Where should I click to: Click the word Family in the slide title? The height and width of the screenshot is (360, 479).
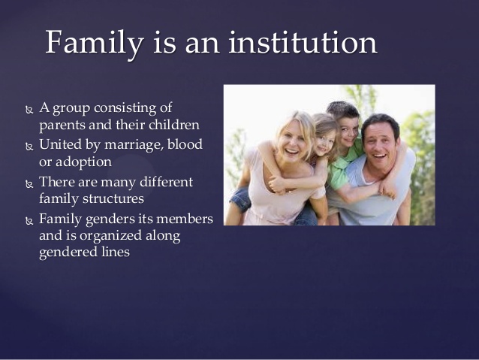[x=95, y=43]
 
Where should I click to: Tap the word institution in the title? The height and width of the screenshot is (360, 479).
[x=303, y=42]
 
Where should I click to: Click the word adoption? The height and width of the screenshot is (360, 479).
[x=83, y=162]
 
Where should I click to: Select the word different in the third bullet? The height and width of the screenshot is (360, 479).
[x=166, y=181]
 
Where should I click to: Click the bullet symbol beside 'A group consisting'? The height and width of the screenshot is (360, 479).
[x=29, y=110]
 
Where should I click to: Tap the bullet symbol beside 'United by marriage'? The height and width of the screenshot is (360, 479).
[x=29, y=147]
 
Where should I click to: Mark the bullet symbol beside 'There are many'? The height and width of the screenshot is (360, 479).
[x=29, y=184]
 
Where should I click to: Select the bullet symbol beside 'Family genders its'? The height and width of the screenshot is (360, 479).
[x=29, y=221]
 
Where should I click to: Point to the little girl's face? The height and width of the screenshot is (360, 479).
[x=324, y=143]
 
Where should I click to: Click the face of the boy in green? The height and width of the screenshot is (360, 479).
[x=348, y=131]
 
